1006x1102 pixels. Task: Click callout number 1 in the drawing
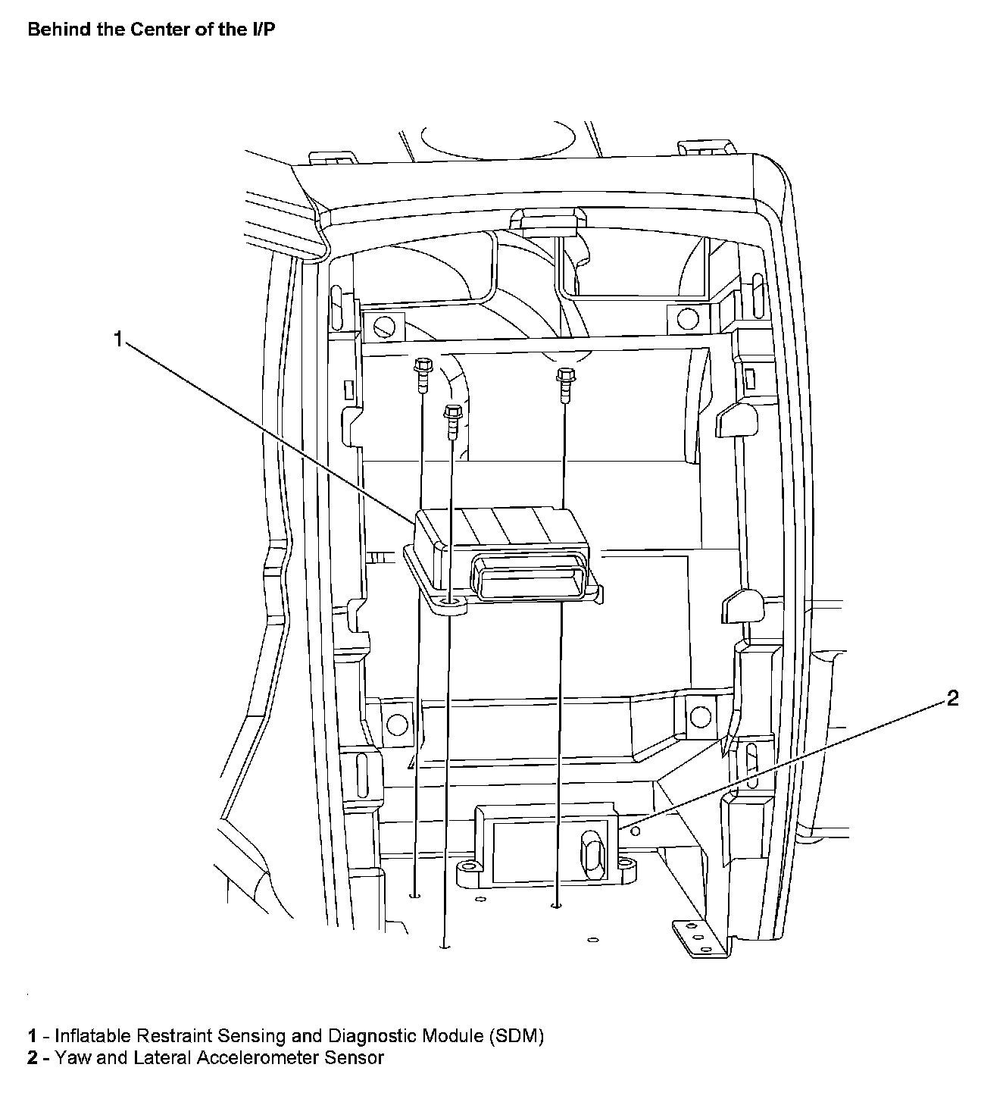[x=117, y=339]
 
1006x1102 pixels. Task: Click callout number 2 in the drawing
[x=952, y=698]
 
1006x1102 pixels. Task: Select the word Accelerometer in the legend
[x=258, y=1057]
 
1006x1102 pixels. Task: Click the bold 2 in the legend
[x=32, y=1057]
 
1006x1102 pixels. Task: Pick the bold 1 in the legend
[x=32, y=1035]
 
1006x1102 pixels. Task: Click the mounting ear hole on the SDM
[x=452, y=603]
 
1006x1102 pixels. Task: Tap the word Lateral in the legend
[x=162, y=1057]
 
